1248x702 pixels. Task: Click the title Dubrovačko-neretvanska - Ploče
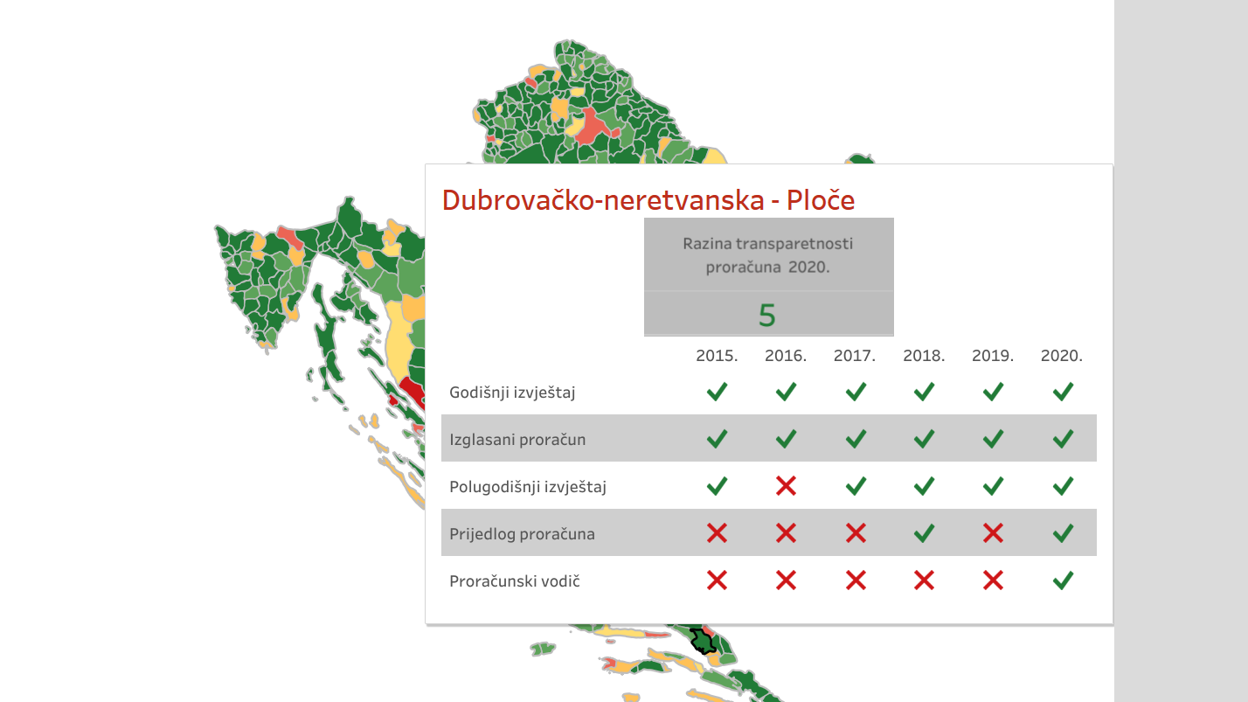(648, 200)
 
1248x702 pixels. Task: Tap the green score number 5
(767, 316)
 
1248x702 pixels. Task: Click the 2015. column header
(717, 356)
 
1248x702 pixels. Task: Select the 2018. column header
(924, 356)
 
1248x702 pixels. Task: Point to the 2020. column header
(1061, 356)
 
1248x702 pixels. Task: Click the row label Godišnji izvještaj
(512, 393)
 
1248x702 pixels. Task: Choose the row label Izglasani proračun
(517, 440)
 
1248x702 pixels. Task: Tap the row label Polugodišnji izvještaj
(528, 487)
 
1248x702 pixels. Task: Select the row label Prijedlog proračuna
(522, 534)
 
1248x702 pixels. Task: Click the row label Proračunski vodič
(514, 581)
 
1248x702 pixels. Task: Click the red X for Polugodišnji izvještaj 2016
(786, 486)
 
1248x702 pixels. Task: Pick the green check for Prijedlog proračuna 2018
(924, 533)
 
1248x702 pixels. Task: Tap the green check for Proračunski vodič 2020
(1063, 580)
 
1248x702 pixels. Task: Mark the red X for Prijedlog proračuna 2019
(993, 533)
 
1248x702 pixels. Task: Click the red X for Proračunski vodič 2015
(717, 580)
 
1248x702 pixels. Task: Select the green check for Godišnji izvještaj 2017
(856, 392)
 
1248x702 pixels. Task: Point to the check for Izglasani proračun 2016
(786, 439)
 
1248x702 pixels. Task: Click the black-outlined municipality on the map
(704, 642)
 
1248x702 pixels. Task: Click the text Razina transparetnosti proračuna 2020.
(767, 255)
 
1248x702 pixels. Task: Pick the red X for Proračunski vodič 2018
(924, 580)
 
